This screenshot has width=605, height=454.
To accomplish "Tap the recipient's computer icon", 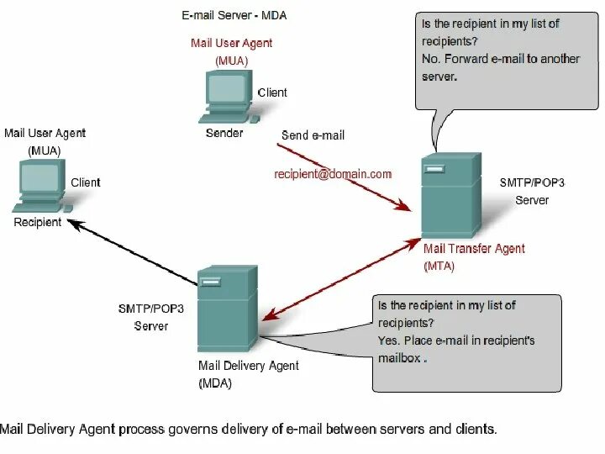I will [x=39, y=186].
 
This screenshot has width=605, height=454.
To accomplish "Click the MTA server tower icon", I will [x=450, y=195].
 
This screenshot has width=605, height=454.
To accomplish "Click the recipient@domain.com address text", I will [x=334, y=174].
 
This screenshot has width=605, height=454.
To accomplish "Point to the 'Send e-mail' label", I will [x=313, y=135].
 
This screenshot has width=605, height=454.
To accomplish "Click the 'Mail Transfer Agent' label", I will [x=474, y=249].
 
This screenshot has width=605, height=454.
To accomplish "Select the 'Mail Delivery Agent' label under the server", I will [x=248, y=366].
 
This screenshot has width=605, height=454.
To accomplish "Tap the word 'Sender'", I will [x=224, y=133].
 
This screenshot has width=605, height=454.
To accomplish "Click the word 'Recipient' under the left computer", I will [x=38, y=223].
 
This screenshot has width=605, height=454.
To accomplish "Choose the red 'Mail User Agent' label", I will [x=231, y=44].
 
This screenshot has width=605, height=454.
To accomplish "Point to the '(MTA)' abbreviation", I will [x=439, y=266].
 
